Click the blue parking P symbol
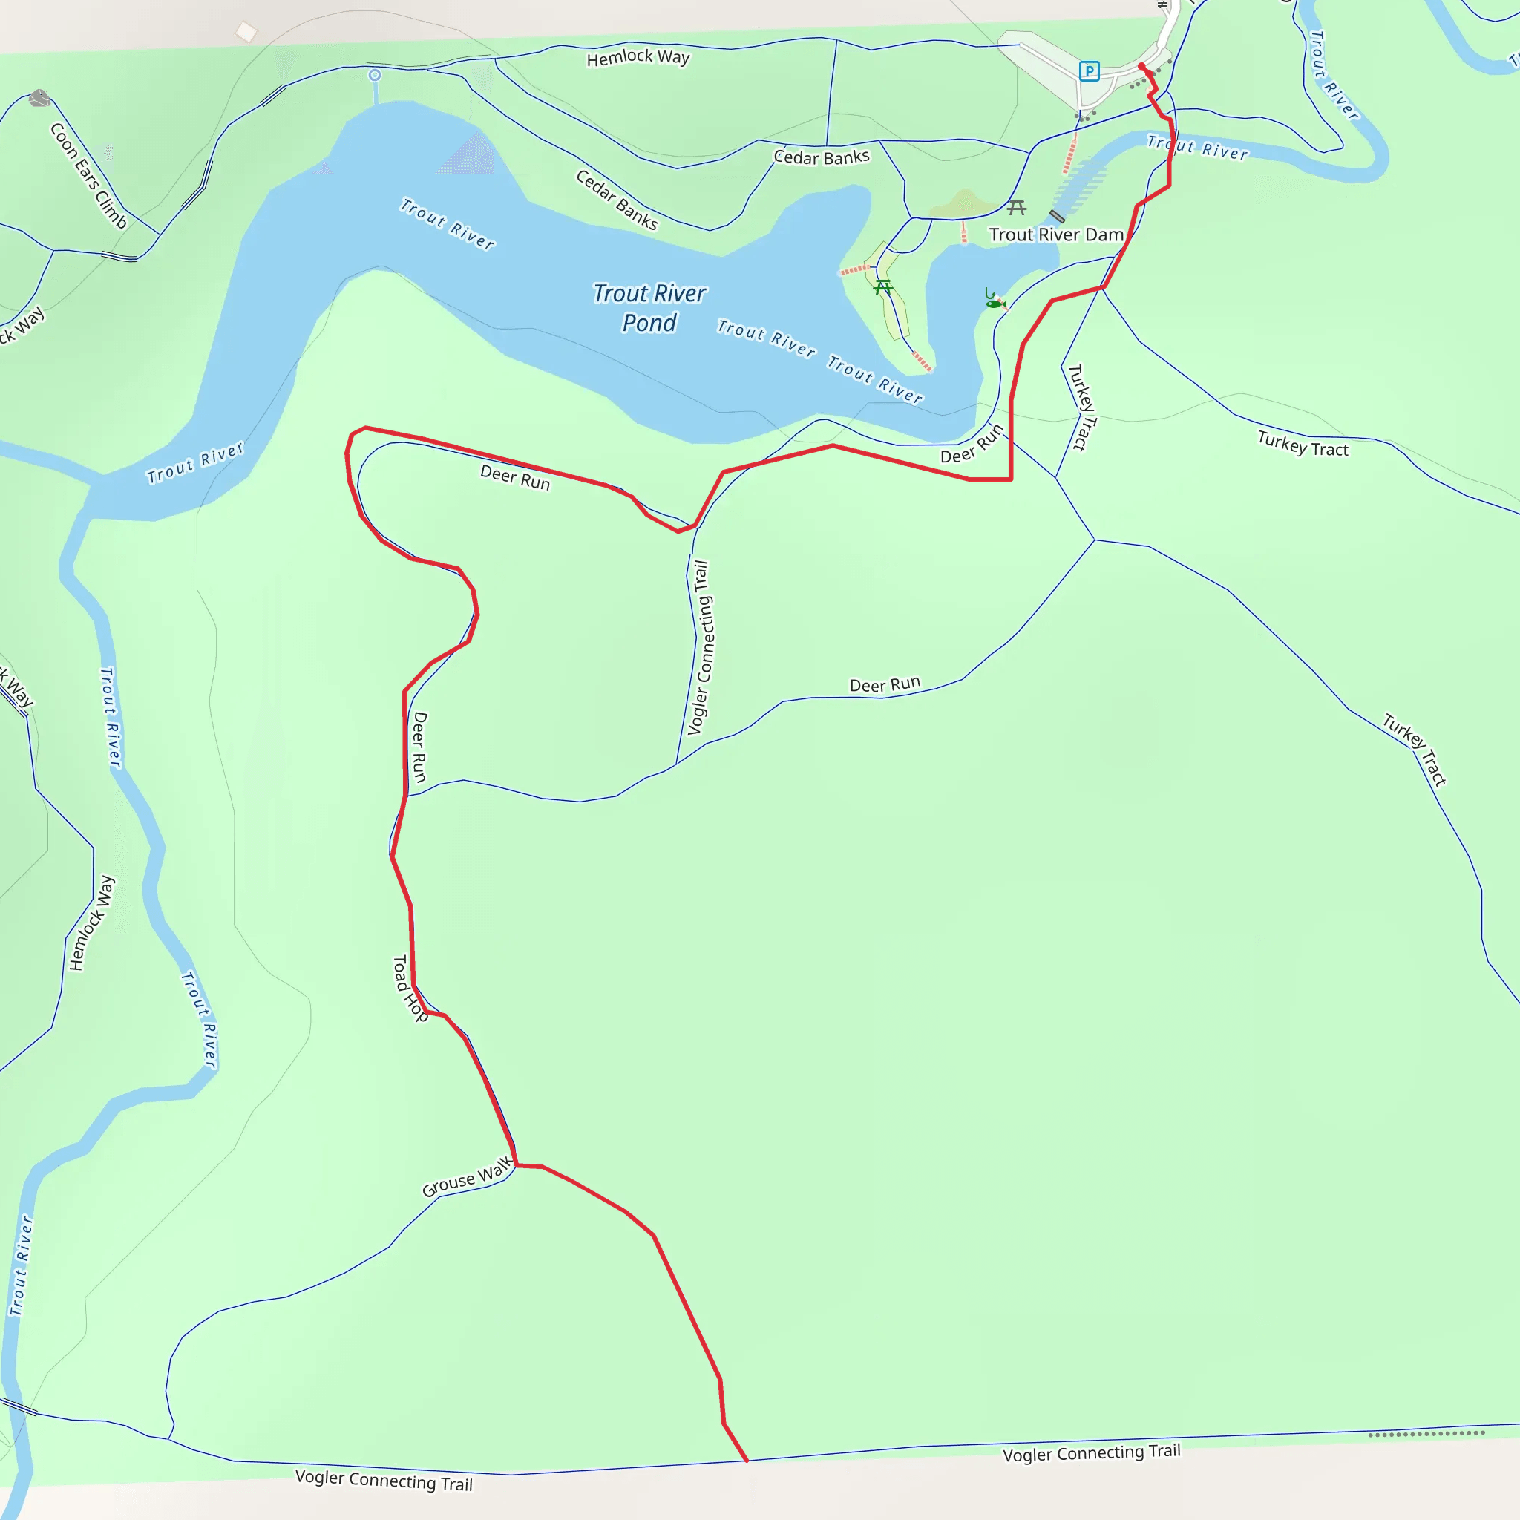(1089, 71)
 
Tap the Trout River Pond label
(649, 307)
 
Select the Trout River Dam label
(1056, 235)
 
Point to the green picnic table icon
(882, 286)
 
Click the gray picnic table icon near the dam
(1017, 208)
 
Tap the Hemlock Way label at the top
(638, 57)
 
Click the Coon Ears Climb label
(88, 175)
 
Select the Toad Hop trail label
(409, 988)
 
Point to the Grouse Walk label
(468, 1177)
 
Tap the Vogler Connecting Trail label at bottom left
(384, 1480)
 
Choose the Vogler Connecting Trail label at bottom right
(1091, 1452)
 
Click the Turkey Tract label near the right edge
(1302, 444)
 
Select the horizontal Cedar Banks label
(822, 157)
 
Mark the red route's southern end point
(747, 1461)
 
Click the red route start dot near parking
(1141, 66)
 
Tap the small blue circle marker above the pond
(375, 76)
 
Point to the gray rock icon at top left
(39, 99)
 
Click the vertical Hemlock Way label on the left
(91, 923)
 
